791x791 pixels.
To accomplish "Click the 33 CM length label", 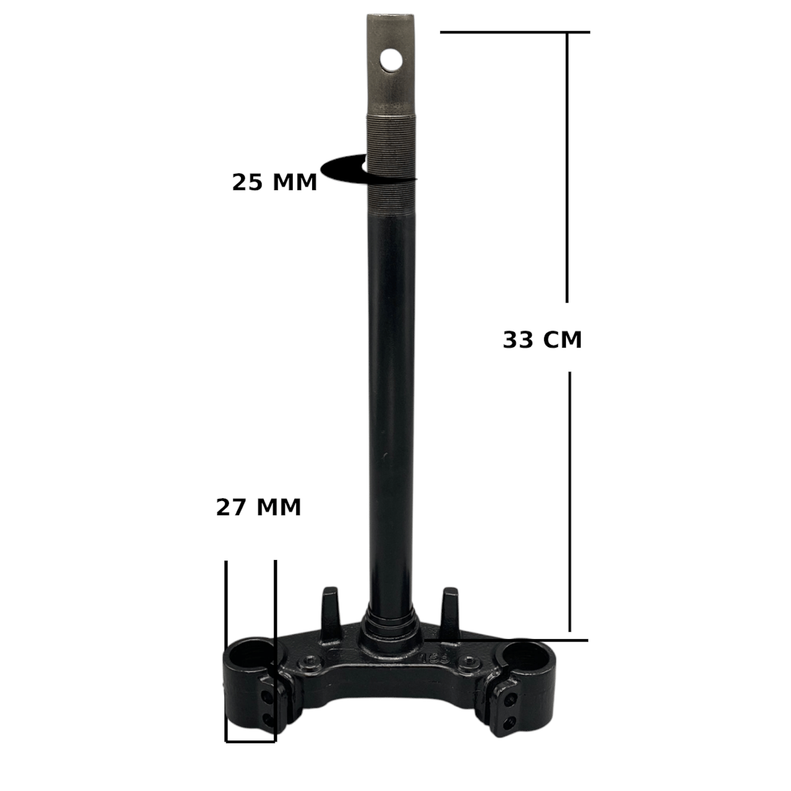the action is click(542, 340).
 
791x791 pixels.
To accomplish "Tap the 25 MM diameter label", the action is click(274, 182).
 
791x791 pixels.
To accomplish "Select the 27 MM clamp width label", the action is click(258, 507).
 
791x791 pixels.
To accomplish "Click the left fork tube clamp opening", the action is click(250, 653).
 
